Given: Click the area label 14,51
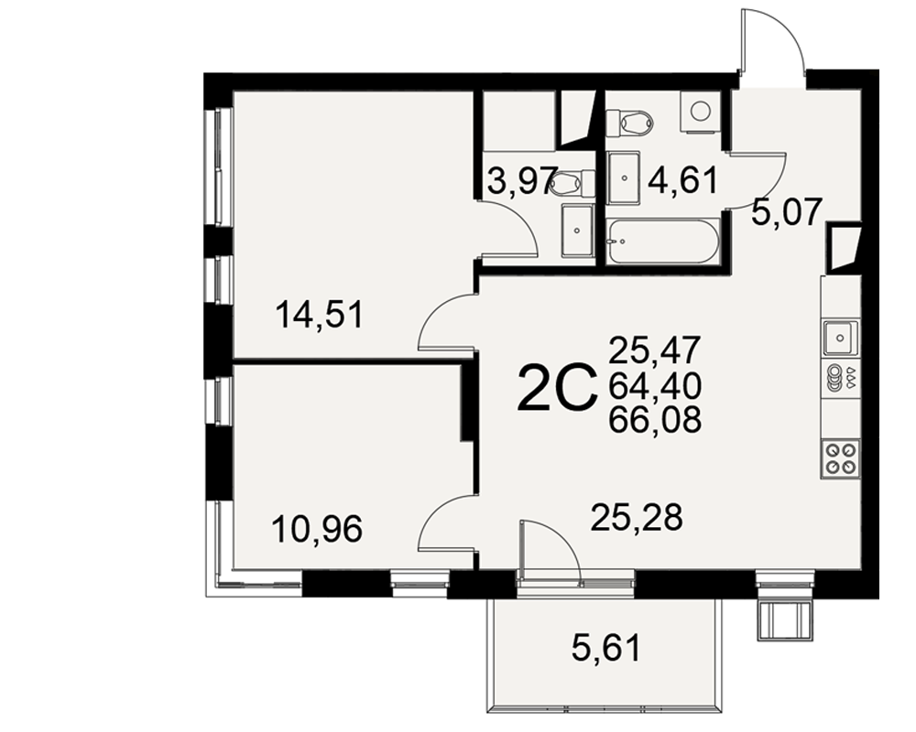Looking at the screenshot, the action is point(320,315).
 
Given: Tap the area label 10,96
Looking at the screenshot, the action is point(317,529).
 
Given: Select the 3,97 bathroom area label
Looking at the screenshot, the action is point(518,181).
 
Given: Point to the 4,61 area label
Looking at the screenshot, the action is point(682,181).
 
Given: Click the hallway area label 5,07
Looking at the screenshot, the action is point(787,211).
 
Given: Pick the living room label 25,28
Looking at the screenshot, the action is point(637,517).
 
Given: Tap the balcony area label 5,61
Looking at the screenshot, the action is point(606,648).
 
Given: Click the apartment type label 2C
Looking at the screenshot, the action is point(557,387).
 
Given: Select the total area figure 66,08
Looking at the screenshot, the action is point(654,419).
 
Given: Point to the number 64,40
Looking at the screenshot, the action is point(654,385).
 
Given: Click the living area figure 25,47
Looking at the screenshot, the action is point(654,350).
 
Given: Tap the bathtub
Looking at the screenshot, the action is point(661,241).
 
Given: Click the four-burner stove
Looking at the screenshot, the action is point(840,459).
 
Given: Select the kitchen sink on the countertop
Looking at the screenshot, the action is point(840,338).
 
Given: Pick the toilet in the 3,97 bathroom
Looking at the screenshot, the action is point(572,183).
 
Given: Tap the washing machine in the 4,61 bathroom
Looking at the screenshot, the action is point(699,111).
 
